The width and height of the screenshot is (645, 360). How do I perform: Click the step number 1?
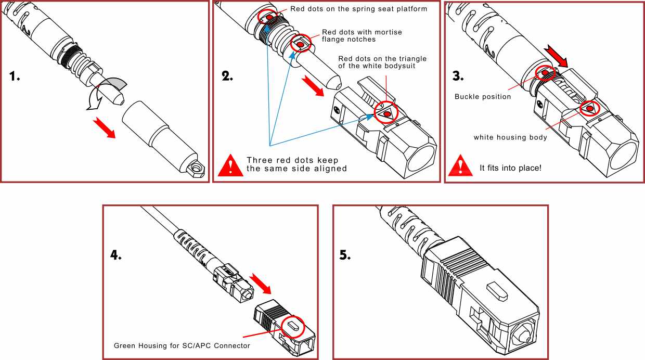[x=15, y=76]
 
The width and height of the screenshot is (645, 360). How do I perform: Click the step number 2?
[x=227, y=76]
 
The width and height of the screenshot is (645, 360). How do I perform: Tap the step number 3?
[x=458, y=76]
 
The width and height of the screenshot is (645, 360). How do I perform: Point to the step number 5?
[x=345, y=255]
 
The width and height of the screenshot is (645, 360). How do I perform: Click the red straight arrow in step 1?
[x=105, y=127]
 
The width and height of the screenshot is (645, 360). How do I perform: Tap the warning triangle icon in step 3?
[x=460, y=165]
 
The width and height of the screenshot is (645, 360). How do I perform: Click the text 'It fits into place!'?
[x=510, y=168]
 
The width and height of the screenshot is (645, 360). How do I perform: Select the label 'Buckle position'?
[x=483, y=97]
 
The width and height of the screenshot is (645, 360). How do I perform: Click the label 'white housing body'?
[x=510, y=137]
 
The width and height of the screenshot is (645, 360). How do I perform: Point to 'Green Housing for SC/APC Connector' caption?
[x=182, y=345]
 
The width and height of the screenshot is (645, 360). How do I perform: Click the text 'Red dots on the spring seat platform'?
[x=358, y=9]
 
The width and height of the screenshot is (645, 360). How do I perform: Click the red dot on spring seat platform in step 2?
[x=269, y=17]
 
